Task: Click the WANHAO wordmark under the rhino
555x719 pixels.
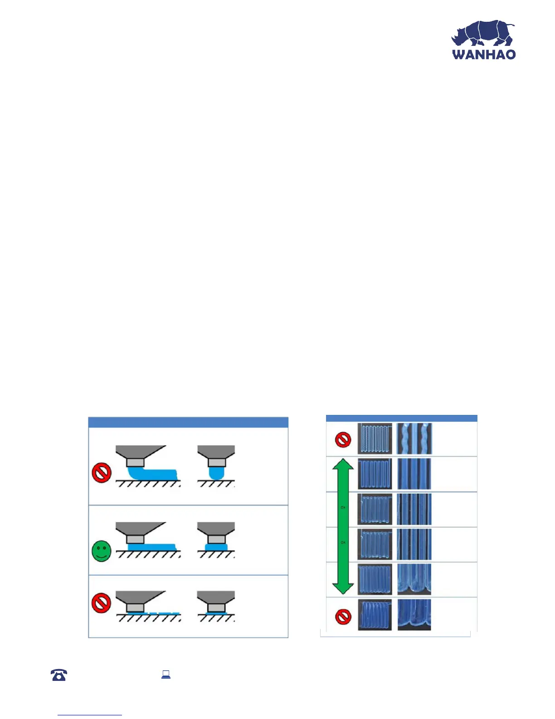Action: [x=484, y=54]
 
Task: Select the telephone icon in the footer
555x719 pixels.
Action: [x=59, y=675]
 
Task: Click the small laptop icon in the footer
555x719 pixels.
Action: [x=166, y=675]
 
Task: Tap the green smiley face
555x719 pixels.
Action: [x=102, y=551]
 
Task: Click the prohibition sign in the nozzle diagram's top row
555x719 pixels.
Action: [x=102, y=473]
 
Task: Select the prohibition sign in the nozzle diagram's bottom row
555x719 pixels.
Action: [x=102, y=604]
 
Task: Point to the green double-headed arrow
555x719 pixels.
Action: [x=343, y=526]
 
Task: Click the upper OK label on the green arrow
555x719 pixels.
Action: [x=343, y=507]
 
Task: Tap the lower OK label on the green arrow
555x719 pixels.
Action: [x=343, y=542]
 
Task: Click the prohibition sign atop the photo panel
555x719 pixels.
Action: [x=343, y=440]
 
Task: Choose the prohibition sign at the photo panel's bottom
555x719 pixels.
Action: [x=343, y=616]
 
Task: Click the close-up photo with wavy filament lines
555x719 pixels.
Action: [x=414, y=439]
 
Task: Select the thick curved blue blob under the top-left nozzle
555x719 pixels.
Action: [x=152, y=474]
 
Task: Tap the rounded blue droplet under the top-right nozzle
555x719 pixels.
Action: [x=216, y=473]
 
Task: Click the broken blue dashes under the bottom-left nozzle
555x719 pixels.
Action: [x=154, y=613]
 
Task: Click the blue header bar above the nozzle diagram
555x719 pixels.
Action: [x=188, y=422]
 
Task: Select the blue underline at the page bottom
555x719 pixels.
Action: [x=90, y=715]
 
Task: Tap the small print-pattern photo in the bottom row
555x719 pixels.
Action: [x=375, y=615]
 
